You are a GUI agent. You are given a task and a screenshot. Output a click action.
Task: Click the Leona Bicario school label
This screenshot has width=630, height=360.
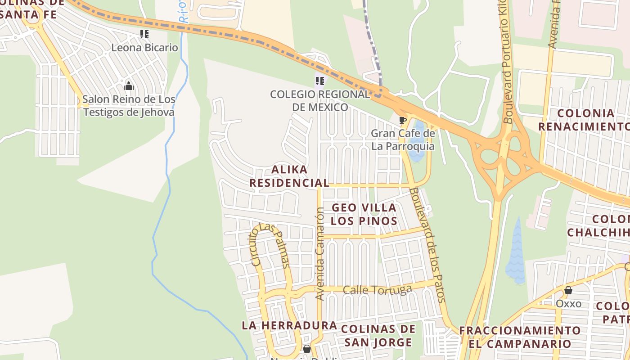point(144,47)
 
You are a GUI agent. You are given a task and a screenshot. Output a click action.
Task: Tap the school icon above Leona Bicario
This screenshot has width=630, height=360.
point(144,34)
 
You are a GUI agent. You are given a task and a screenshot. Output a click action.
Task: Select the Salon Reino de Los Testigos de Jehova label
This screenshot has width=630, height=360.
point(129,106)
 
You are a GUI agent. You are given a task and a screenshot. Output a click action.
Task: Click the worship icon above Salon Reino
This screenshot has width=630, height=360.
point(129,86)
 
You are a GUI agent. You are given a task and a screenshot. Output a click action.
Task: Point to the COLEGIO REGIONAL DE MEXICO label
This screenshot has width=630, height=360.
point(320,101)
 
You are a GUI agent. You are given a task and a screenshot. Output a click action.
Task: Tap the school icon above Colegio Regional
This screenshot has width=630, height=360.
point(320,81)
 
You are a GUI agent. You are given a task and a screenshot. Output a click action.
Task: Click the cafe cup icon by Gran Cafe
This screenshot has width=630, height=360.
point(403,120)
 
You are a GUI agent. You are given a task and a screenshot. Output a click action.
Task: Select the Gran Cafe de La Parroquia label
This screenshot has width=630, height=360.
point(403,140)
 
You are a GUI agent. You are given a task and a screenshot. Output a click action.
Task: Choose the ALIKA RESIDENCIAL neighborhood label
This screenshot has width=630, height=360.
point(289,176)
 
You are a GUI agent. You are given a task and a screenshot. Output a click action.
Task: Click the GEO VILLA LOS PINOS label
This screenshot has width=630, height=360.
point(364,214)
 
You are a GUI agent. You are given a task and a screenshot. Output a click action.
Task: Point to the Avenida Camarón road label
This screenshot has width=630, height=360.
point(320,254)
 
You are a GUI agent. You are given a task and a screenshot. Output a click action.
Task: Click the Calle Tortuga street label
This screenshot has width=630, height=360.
point(377,290)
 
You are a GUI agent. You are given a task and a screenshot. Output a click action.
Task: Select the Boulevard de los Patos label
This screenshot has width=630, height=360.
point(427,245)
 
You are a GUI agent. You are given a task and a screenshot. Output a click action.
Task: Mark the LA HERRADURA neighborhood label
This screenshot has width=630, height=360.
point(289,325)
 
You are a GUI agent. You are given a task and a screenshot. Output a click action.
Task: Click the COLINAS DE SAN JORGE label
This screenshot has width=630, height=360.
point(378,336)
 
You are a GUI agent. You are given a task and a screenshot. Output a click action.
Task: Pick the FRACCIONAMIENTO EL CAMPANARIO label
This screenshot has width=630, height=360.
point(520,337)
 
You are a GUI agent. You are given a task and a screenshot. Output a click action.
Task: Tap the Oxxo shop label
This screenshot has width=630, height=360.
point(568,303)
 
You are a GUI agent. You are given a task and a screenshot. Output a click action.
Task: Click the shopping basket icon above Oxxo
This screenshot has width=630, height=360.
point(568,291)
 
